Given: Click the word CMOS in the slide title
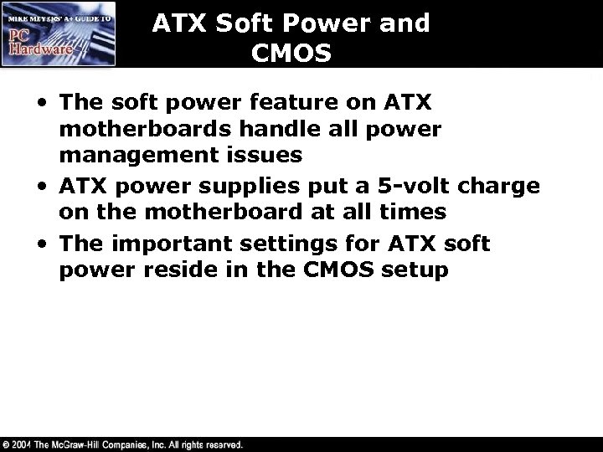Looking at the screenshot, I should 291,53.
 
